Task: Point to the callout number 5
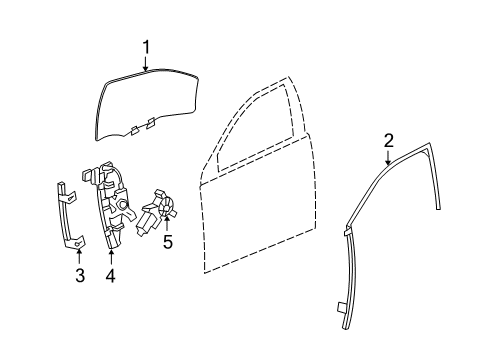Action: click(167, 242)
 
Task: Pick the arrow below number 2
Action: click(387, 158)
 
